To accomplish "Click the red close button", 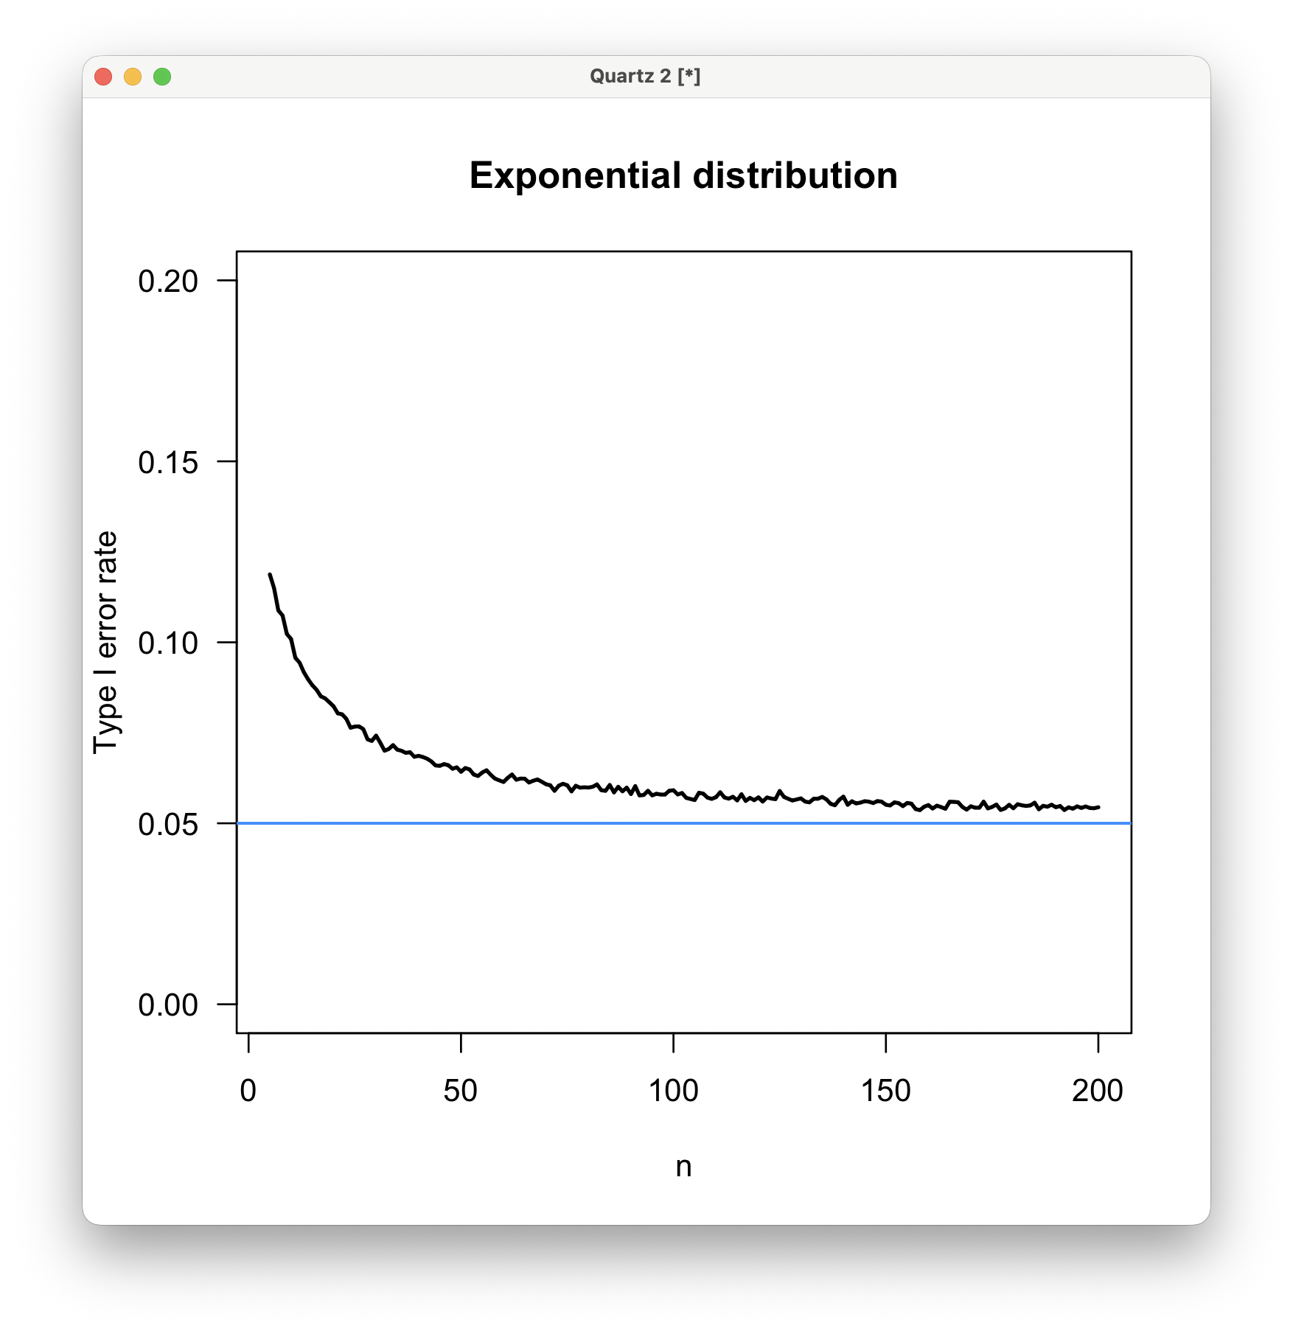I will coord(103,77).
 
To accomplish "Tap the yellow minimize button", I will coord(133,77).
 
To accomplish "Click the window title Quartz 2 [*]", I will coord(645,77).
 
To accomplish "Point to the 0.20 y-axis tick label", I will coord(168,282).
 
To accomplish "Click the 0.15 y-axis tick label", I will coord(168,462).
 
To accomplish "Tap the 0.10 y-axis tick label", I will coord(168,643).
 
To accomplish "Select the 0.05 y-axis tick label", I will coord(168,824).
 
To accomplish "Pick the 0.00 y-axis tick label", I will coord(168,1005).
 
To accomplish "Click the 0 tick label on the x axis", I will coord(248,1091).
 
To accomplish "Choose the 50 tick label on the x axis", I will coord(461,1091).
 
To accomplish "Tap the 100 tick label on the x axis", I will coord(673,1091).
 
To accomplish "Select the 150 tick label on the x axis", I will coord(885,1091).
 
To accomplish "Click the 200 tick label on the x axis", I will coord(1098,1091).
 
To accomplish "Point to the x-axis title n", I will coord(683,1167).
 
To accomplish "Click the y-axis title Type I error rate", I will coord(105,643).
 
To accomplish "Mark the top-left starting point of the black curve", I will coord(270,574).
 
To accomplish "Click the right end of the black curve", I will coord(1098,807).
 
